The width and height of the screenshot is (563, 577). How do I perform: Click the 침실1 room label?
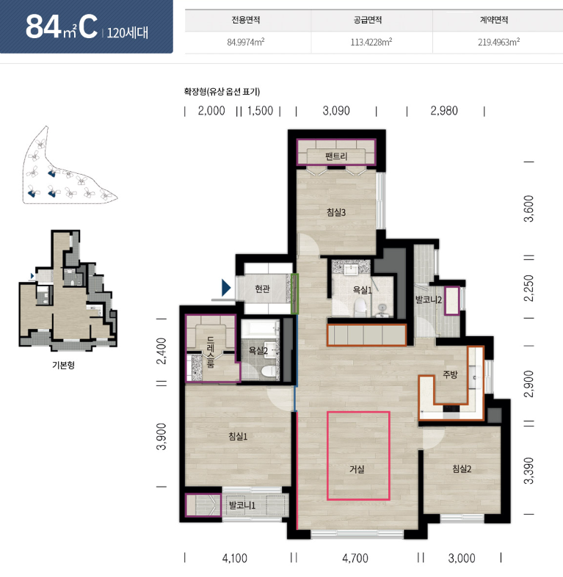238,437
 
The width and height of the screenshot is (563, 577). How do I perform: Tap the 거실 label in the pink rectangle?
357,469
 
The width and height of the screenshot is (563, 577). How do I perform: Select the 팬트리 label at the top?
336,156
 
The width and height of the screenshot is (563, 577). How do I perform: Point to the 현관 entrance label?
262,289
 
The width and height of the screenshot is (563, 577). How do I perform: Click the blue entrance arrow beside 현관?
225,288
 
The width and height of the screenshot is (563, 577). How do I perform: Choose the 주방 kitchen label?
450,374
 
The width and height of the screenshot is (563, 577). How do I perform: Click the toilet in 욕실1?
360,308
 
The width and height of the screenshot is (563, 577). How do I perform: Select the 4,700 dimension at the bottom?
355,558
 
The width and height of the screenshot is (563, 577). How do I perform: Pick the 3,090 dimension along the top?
336,111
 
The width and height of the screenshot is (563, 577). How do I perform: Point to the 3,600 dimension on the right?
529,208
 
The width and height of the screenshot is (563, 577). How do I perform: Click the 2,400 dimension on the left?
161,351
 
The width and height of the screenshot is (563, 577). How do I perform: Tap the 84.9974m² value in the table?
246,42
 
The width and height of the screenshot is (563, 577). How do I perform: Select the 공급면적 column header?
368,20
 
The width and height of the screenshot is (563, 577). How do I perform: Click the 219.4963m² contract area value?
498,42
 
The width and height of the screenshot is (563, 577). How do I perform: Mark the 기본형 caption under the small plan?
64,365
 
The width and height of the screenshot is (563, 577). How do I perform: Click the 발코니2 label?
429,300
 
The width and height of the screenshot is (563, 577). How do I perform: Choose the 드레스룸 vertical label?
211,352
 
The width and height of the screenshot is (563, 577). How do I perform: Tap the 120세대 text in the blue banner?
127,33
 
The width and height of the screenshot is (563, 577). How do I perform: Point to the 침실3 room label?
336,212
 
